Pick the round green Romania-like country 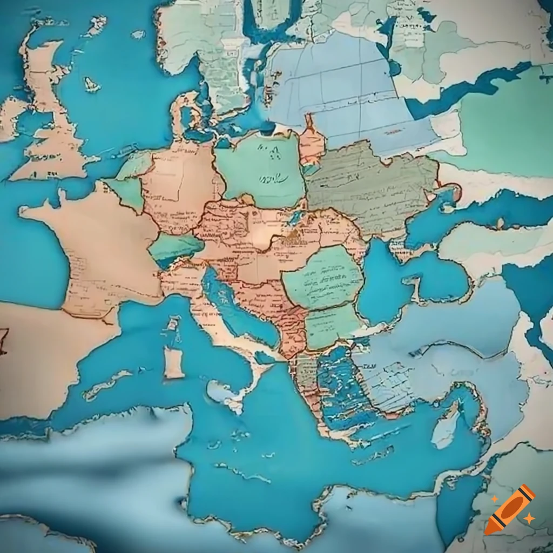click(322, 276)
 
